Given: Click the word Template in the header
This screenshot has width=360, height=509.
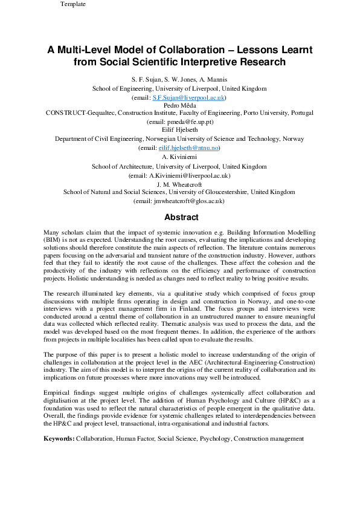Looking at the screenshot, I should point(73,4).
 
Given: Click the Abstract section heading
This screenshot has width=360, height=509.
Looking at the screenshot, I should point(180,218).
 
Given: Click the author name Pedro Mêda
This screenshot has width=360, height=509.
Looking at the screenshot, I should point(179,105).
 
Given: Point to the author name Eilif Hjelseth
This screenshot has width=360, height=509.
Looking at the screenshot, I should point(179,131).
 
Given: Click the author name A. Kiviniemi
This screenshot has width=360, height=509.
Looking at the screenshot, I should point(179,157).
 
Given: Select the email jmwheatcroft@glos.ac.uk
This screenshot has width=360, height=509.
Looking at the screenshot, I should point(186,201).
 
